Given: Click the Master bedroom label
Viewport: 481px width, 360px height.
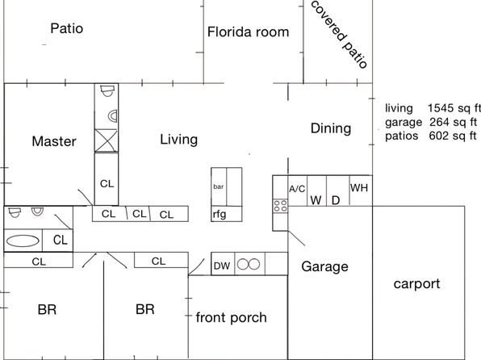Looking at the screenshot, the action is point(54,141).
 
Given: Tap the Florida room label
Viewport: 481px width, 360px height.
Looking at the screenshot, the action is point(249,32).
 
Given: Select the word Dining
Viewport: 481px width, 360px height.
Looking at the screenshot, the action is point(331,128).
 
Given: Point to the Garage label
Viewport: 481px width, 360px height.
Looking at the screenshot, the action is point(324,266).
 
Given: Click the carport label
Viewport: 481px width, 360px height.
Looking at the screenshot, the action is point(416,284).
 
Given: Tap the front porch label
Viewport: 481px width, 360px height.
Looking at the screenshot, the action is point(231,317).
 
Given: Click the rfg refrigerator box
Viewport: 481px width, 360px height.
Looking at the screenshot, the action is point(227,214).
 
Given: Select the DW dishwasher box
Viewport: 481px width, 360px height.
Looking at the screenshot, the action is point(223,264).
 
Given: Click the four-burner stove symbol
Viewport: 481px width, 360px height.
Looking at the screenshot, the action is point(280,206).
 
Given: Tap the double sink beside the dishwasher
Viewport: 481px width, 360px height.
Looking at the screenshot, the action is point(249,264).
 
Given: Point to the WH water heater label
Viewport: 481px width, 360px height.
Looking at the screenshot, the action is point(359,187).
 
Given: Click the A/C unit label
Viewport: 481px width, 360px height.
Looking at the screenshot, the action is point(297,189).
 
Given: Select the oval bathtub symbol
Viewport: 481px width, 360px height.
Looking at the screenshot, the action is point(23,241).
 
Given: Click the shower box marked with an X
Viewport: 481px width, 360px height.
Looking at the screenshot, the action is point(107,140).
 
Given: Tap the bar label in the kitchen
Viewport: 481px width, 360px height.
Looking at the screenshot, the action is point(219,186).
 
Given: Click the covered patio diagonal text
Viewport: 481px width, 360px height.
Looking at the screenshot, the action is point(339,35).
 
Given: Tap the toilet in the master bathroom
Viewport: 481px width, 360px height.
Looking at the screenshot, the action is point(107,90).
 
